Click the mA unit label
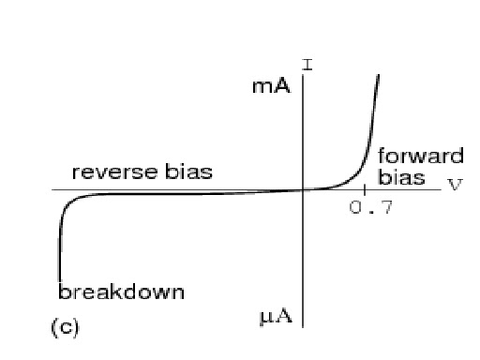pyautogui.click(x=272, y=87)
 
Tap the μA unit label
pyautogui.click(x=276, y=316)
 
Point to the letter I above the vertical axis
pyautogui.click(x=307, y=66)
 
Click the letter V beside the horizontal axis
pyautogui.click(x=456, y=183)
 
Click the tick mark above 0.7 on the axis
pyautogui.click(x=365, y=190)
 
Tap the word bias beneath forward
pyautogui.click(x=401, y=176)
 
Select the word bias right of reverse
pyautogui.click(x=187, y=172)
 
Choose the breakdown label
pyautogui.click(x=121, y=292)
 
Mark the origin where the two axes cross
pyautogui.click(x=303, y=190)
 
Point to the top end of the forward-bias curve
pyautogui.click(x=380, y=75)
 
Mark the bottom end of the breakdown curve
pyautogui.click(x=58, y=281)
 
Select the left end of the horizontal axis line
pyautogui.click(x=52, y=190)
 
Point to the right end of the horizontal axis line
pyautogui.click(x=441, y=190)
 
